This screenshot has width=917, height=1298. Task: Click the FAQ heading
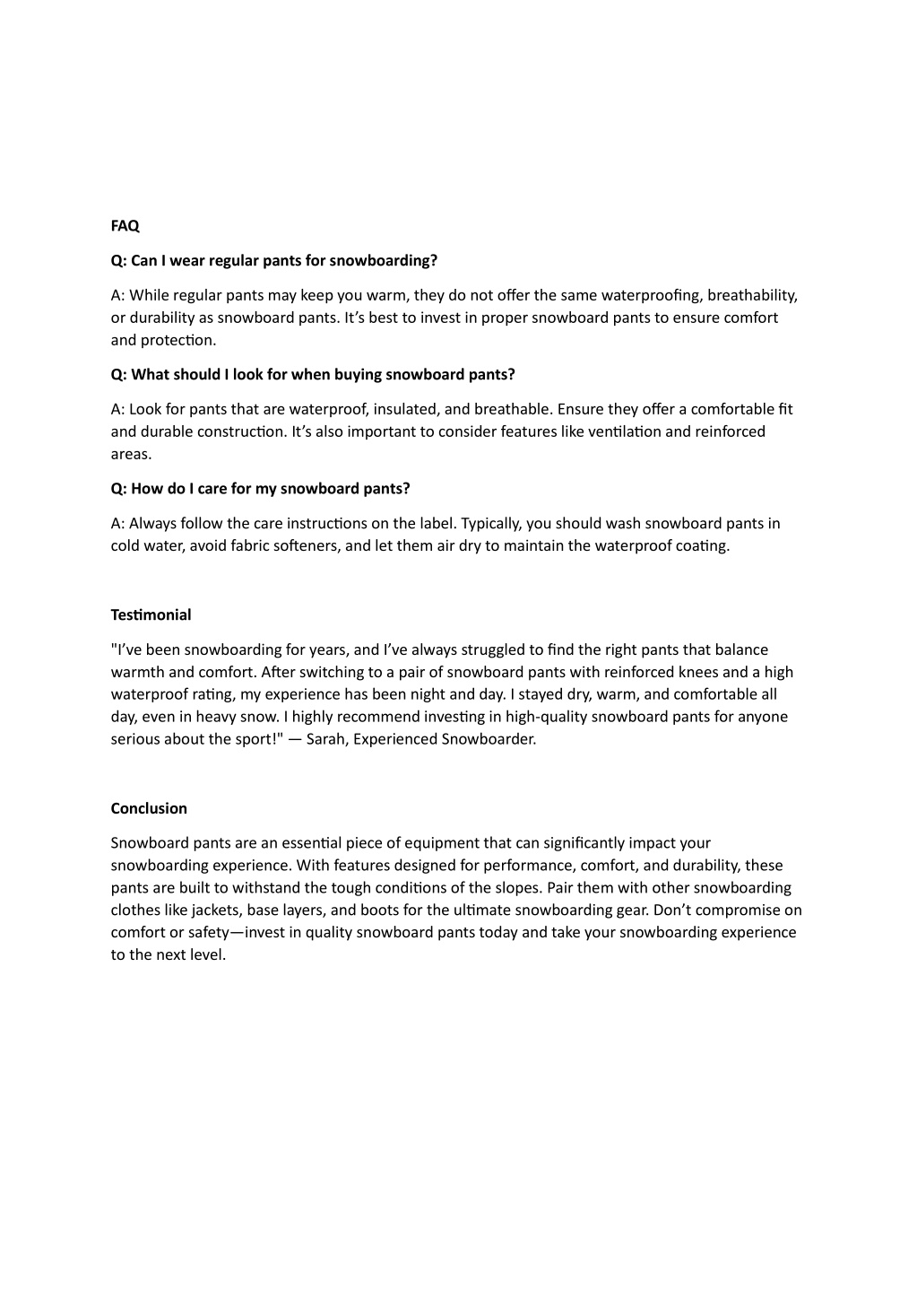125,226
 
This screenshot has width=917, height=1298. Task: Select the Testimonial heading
151,614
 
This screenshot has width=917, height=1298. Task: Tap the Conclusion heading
149,808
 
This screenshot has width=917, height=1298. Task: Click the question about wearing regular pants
273,260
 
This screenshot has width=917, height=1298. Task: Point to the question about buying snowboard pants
313,374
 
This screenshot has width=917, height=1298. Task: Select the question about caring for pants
260,488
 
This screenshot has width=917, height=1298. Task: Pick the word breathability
751,295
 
